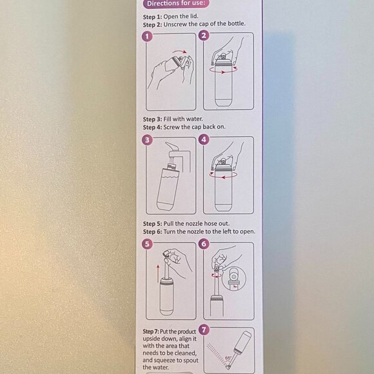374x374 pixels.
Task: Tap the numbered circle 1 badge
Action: point(148,36)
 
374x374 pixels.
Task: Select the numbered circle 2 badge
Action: point(204,36)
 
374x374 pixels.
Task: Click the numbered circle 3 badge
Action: point(148,139)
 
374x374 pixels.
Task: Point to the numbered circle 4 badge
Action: point(204,139)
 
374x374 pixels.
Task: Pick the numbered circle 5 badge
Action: point(148,244)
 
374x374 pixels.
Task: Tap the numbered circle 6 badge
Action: point(204,244)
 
